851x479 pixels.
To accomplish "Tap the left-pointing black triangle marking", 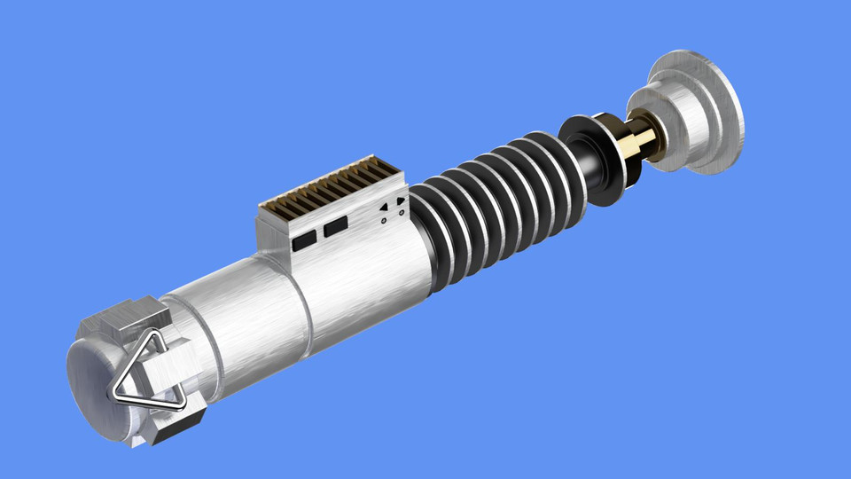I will [x=384, y=207].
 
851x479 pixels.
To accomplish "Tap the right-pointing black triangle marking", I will [x=402, y=200].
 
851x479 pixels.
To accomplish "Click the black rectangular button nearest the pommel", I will [x=304, y=238].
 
